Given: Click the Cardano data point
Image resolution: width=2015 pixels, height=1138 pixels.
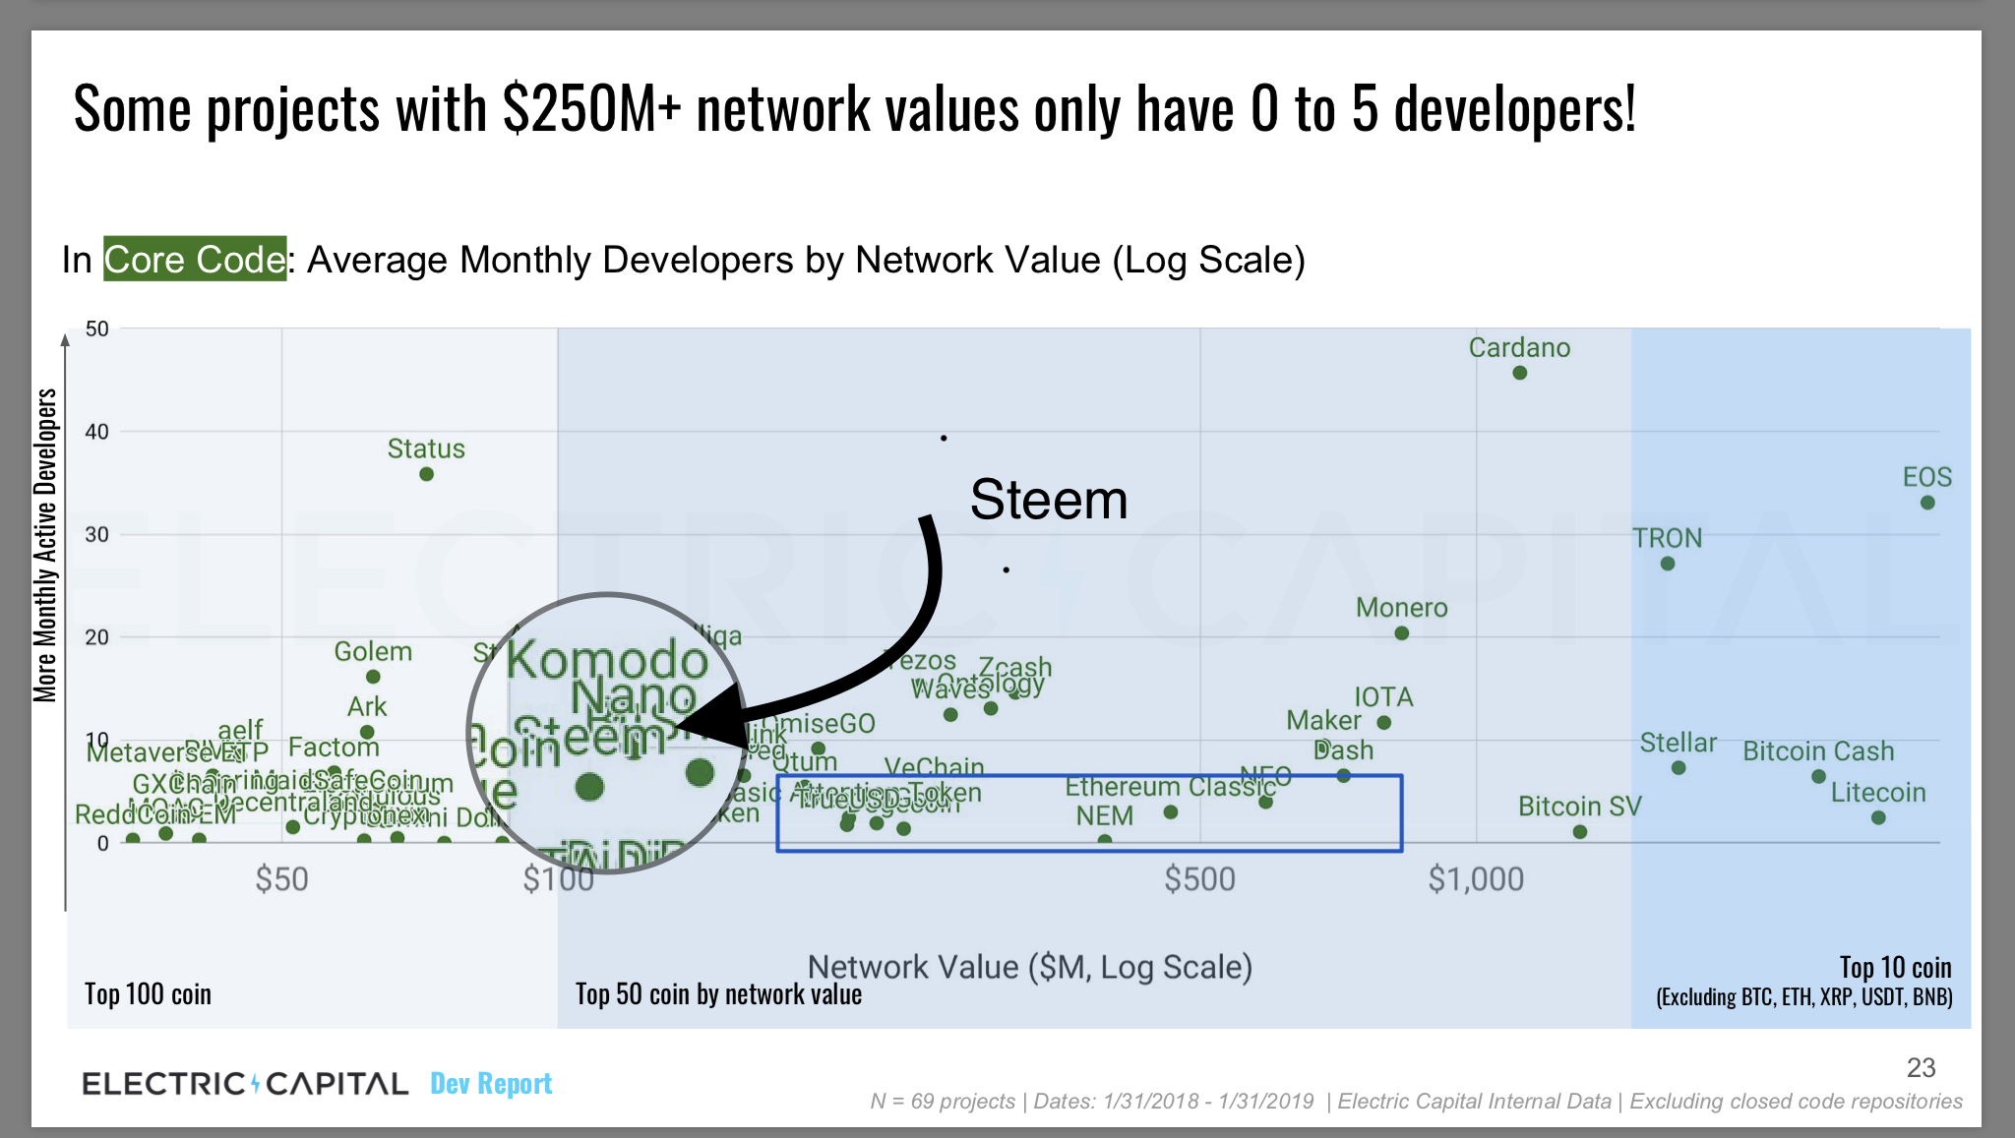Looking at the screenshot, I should tap(1519, 373).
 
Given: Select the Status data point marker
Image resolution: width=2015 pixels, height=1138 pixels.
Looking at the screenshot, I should tap(426, 474).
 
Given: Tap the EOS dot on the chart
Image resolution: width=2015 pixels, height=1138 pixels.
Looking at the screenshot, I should tap(1926, 503).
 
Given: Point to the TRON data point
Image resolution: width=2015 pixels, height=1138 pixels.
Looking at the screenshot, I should tap(1667, 564).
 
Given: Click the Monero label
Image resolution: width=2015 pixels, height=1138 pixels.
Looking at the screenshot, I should tap(1401, 608).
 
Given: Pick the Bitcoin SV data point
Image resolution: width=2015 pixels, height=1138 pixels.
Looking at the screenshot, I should tap(1579, 832).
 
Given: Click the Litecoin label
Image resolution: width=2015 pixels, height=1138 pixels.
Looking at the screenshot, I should tap(1877, 793).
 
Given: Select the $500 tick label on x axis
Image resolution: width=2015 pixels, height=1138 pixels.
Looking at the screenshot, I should tap(1199, 878).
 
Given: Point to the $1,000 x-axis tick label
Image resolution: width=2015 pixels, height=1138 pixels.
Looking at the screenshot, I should tap(1476, 878).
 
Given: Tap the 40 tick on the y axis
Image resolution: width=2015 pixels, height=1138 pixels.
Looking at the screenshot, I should tap(96, 432).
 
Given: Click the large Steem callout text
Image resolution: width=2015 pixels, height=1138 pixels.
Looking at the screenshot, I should tap(1048, 500).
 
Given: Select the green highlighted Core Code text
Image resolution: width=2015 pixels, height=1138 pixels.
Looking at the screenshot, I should tap(195, 260).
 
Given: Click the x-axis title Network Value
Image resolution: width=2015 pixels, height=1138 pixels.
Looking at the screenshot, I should tap(1029, 967).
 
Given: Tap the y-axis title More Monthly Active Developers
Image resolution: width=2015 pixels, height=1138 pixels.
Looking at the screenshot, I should tap(45, 546).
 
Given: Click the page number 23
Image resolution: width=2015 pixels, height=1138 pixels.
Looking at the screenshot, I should tap(1921, 1067).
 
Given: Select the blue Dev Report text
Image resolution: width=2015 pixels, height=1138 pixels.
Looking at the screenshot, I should tap(491, 1083).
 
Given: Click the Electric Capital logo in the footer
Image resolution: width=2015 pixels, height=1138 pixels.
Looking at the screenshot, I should tap(245, 1083).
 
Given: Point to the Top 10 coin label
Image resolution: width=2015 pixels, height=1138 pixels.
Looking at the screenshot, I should tap(1895, 967).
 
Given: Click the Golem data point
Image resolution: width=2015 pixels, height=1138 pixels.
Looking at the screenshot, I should tap(373, 677).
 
